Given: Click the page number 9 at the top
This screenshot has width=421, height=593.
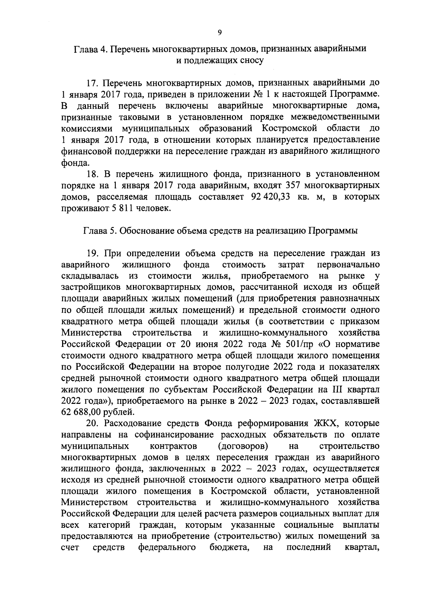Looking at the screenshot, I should [x=219, y=33].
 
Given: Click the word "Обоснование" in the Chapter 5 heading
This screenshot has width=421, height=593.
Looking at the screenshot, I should [x=152, y=231].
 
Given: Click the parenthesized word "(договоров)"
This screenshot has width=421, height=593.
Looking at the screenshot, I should [x=243, y=446].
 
